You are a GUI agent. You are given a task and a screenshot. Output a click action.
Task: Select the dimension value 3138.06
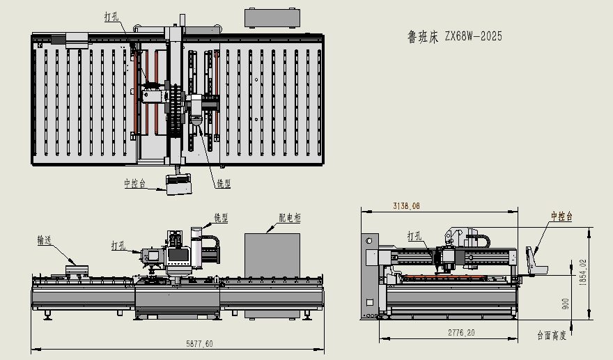407,206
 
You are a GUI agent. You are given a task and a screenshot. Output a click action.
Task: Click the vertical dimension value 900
566,304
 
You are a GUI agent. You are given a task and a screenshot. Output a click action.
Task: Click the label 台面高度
551,336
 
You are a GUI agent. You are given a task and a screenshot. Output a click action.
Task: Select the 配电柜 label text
289,218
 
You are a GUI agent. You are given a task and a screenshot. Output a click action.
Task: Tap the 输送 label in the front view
46,240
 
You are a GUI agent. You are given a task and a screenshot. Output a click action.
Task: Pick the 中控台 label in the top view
135,184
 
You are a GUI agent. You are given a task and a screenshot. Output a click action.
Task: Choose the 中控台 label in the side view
561,217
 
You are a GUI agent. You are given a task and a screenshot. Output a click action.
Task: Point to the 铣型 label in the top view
224,184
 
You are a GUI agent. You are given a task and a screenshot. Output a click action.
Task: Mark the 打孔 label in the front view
119,245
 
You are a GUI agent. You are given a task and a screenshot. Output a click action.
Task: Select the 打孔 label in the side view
414,236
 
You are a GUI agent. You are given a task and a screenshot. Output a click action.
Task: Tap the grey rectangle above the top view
274,17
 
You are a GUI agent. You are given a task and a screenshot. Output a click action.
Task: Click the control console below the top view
178,183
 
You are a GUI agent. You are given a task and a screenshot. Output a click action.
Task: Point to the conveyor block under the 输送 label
78,269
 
